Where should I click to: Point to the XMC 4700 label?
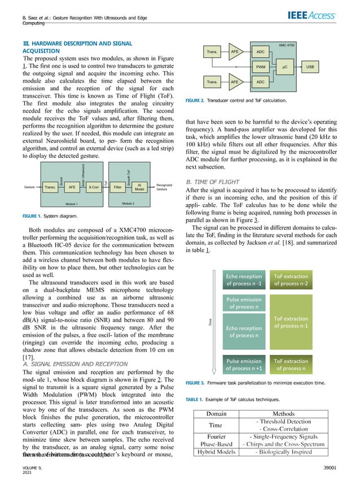pyautogui.click(x=287, y=44)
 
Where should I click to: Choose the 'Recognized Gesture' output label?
pyautogui.click(x=164, y=186)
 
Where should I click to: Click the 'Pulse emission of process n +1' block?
pyautogui.click(x=244, y=365)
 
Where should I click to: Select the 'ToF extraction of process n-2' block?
pyautogui.click(x=291, y=280)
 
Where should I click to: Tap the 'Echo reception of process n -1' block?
pyautogui.click(x=244, y=280)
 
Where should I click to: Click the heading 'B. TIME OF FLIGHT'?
pyautogui.click(x=214, y=183)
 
